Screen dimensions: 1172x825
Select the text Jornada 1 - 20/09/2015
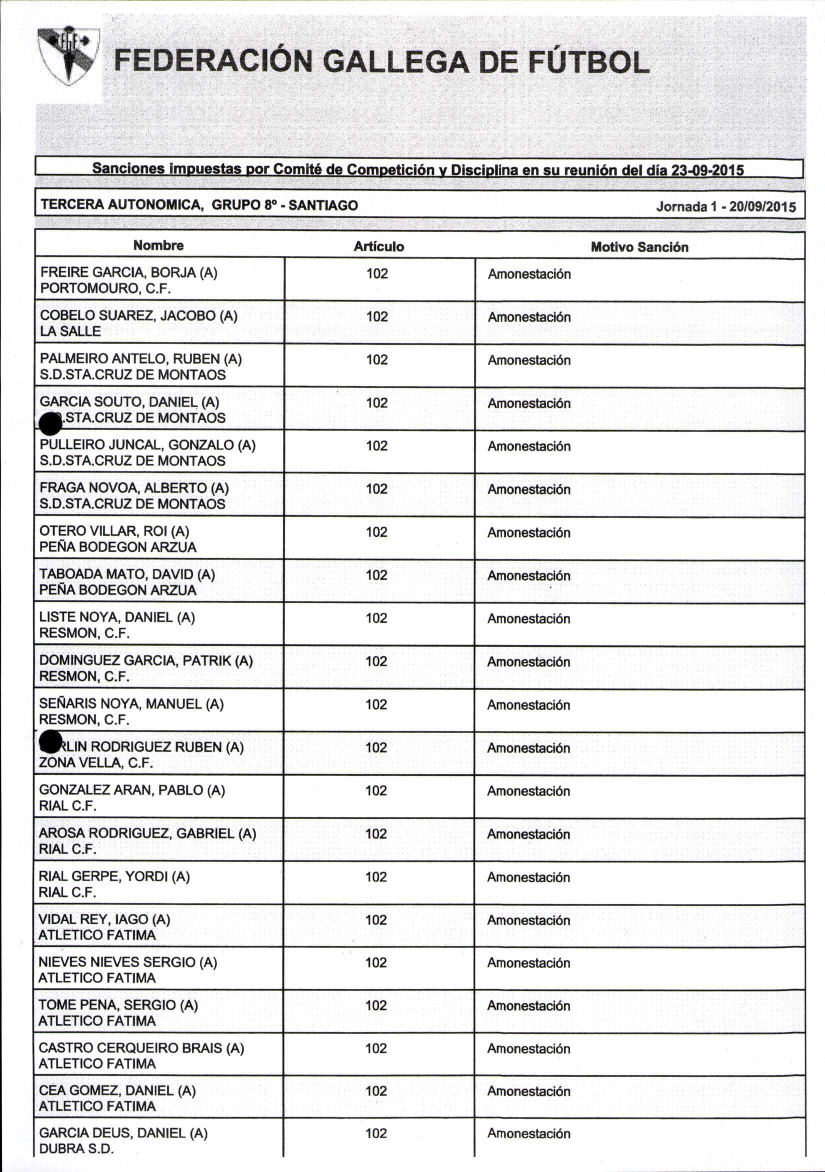[725, 206]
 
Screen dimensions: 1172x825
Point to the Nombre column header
[158, 245]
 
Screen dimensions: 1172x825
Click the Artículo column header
[379, 246]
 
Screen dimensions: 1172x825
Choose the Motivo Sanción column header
[639, 247]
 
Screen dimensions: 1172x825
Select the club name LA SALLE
[70, 331]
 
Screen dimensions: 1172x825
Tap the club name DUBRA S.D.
[76, 1148]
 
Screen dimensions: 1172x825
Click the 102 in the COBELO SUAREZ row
[377, 316]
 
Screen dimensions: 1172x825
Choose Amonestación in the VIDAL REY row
[528, 920]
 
